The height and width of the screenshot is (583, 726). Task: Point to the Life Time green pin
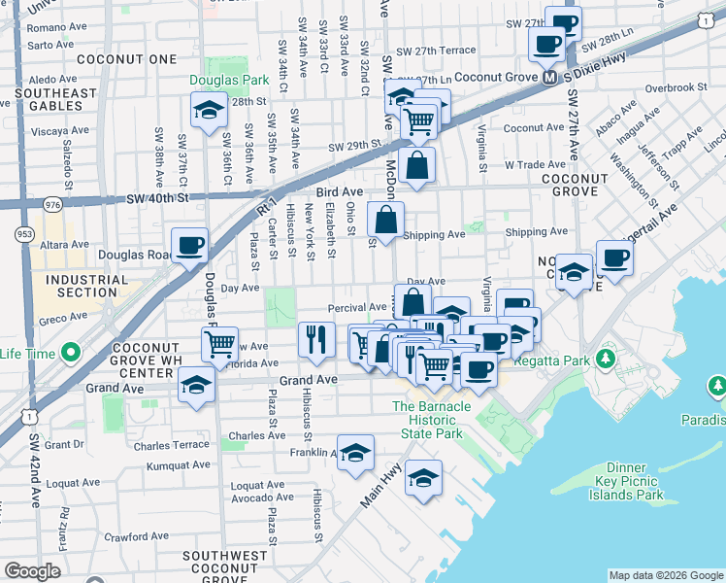pyautogui.click(x=69, y=352)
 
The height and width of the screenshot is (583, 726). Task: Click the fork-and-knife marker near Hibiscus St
pyautogui.click(x=316, y=339)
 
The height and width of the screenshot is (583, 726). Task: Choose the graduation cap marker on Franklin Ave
pyautogui.click(x=356, y=453)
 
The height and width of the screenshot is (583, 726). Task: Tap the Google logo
pyautogui.click(x=33, y=571)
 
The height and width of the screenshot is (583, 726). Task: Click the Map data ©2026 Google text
pyautogui.click(x=664, y=575)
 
